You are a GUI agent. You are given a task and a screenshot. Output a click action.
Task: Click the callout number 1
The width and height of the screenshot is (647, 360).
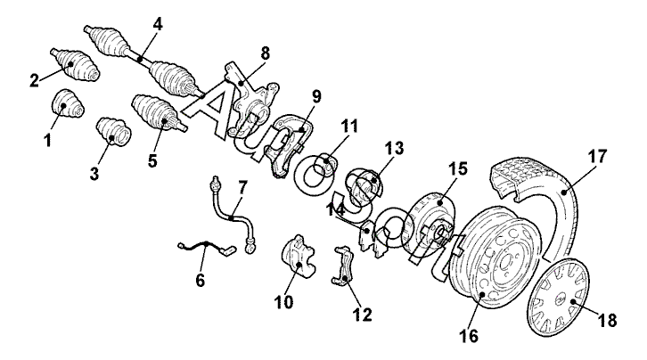[x=47, y=140]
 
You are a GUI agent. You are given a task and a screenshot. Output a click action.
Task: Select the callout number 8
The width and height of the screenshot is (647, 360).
[x=264, y=53]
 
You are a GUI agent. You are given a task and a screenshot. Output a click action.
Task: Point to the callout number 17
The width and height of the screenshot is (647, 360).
[x=597, y=156]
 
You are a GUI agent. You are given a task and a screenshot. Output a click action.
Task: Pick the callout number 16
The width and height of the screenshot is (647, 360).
[x=471, y=336]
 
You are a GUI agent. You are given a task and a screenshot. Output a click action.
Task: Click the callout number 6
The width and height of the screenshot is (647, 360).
[x=201, y=281]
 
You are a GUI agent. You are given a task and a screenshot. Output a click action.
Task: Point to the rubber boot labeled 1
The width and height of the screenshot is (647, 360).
[x=67, y=105]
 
